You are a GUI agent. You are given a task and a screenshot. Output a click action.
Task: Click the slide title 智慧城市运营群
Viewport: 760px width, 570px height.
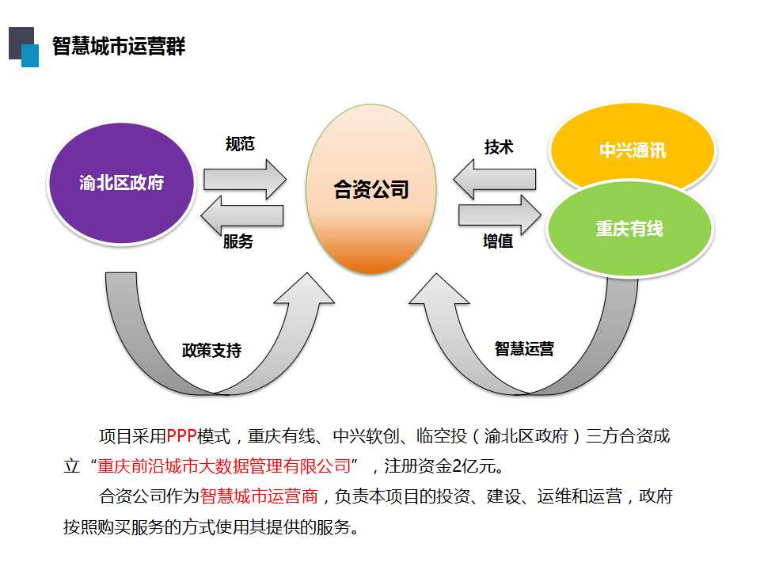click(x=119, y=46)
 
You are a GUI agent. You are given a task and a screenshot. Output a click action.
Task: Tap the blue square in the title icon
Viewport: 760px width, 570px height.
click(x=30, y=55)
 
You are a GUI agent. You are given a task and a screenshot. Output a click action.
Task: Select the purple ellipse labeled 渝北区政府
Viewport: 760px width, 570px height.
click(x=121, y=183)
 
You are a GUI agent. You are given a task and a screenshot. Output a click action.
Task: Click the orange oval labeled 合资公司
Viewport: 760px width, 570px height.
click(x=371, y=189)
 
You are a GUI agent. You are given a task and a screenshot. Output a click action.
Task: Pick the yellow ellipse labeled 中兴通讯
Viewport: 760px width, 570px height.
click(x=633, y=147)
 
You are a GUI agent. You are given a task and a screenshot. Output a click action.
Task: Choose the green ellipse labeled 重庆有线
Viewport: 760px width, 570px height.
click(x=629, y=229)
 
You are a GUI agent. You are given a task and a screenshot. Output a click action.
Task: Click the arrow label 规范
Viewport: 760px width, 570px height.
click(x=240, y=144)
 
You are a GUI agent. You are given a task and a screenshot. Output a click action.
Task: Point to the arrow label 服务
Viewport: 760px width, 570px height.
click(x=238, y=241)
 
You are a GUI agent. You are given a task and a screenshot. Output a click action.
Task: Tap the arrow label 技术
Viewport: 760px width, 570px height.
click(x=499, y=147)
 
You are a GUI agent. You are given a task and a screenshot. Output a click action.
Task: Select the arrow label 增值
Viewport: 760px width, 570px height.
click(x=498, y=241)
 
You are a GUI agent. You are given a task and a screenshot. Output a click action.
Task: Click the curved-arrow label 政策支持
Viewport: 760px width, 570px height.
click(x=212, y=350)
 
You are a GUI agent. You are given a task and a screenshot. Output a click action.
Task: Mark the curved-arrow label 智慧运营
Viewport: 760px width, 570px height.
click(x=524, y=348)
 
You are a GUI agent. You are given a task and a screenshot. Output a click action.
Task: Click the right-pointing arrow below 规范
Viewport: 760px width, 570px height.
click(x=245, y=180)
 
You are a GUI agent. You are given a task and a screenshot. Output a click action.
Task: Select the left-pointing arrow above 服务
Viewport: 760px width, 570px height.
click(x=242, y=215)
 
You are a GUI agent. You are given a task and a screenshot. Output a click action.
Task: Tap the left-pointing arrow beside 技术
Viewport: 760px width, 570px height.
click(x=495, y=180)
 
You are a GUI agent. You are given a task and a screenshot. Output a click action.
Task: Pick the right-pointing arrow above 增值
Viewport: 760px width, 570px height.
click(x=500, y=215)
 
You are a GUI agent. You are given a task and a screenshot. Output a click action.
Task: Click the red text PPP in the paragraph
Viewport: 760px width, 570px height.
click(x=181, y=436)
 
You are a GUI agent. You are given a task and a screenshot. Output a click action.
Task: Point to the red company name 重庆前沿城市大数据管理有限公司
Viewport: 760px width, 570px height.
click(x=224, y=466)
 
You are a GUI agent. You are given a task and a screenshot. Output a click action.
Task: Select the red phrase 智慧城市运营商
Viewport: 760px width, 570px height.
click(x=259, y=496)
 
